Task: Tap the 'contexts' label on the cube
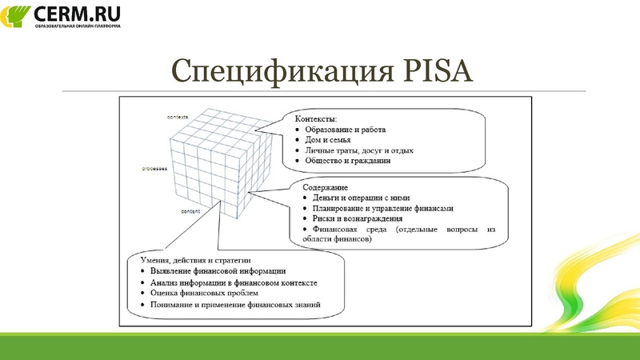(177, 118)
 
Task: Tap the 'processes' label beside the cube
(154, 169)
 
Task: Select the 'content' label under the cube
(190, 210)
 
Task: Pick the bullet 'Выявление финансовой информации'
(212, 271)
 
